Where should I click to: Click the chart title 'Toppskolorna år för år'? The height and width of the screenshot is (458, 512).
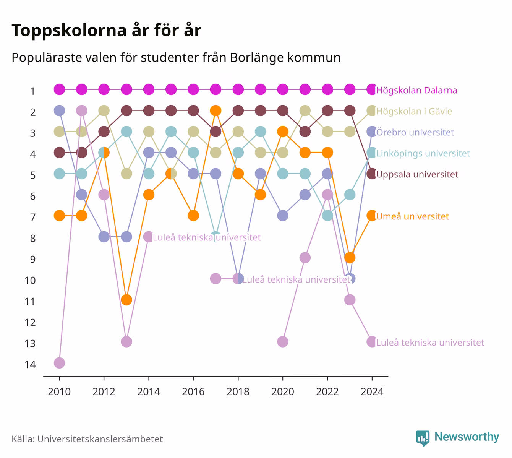[x=106, y=30]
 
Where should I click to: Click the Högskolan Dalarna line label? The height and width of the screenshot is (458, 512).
[x=416, y=90]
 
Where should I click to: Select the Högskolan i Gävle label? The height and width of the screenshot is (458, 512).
[x=414, y=111]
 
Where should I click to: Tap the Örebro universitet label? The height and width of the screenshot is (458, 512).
[x=415, y=132]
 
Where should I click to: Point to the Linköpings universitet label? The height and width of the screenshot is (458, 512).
[x=423, y=153]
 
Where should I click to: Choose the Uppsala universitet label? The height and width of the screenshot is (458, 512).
[x=417, y=174]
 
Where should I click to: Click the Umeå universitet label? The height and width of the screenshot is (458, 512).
[x=412, y=216]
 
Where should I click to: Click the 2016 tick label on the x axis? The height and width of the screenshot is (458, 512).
[x=193, y=392]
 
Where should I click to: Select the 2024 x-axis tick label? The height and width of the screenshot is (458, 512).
[x=372, y=392]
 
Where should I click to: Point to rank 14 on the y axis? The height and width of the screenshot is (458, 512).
[x=30, y=365]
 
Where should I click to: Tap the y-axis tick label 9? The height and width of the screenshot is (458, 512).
[x=33, y=260]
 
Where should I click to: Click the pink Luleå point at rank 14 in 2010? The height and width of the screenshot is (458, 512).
[x=59, y=363]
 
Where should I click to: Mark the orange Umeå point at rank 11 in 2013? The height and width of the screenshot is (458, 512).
[x=126, y=300]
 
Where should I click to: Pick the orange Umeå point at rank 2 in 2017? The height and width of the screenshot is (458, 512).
[x=215, y=110]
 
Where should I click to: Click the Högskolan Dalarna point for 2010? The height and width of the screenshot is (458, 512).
[x=59, y=89]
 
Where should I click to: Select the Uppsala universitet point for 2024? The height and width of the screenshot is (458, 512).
[x=372, y=174]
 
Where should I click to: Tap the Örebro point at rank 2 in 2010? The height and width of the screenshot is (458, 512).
[x=59, y=110]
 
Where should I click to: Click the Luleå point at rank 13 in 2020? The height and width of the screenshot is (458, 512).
[x=283, y=342]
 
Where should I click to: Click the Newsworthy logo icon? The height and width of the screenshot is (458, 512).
[x=423, y=438]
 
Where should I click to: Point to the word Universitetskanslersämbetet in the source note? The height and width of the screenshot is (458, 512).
[x=100, y=439]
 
